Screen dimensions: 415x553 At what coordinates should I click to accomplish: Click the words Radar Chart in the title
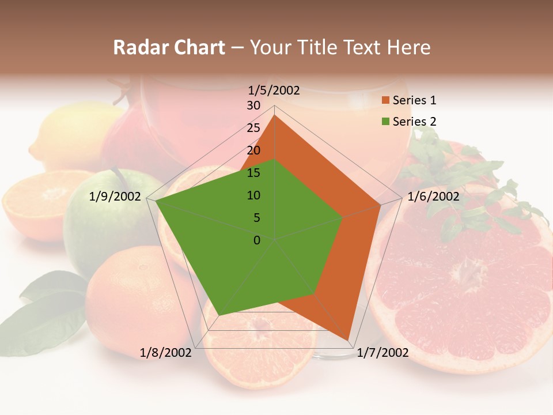point(169,48)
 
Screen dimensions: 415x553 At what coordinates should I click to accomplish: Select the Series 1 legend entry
point(414,100)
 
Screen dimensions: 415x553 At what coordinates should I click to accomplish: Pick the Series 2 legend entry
point(414,122)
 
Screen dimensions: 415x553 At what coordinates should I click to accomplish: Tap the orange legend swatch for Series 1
point(385,101)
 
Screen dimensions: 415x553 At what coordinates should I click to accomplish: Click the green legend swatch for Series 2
point(385,122)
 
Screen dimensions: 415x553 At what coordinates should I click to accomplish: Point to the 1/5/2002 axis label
point(274,90)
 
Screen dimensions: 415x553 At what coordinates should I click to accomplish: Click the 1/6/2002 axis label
point(433,197)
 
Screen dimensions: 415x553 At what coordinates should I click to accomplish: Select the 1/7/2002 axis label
point(382,353)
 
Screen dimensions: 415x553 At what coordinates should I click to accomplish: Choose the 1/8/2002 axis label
point(166,353)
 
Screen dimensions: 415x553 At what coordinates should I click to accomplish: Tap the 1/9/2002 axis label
point(115,197)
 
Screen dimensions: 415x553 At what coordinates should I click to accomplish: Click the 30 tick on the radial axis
point(253,105)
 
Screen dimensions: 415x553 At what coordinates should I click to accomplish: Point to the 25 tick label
point(253,128)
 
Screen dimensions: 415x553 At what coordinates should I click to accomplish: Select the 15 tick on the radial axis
point(253,173)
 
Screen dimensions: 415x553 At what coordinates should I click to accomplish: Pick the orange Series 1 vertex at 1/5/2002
point(275,115)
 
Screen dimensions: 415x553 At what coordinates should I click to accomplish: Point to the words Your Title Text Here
point(340,48)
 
